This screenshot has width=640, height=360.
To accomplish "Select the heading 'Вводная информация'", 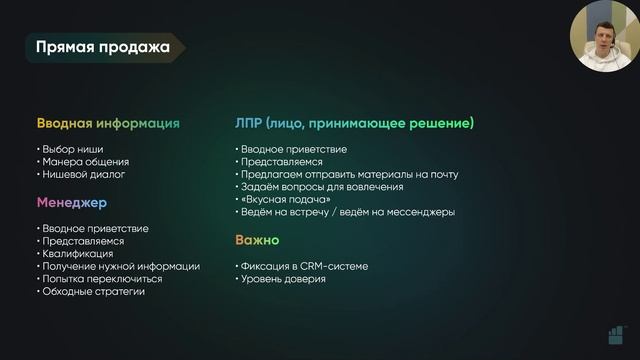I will coord(108,124).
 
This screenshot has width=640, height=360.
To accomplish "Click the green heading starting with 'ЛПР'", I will coord(354,124).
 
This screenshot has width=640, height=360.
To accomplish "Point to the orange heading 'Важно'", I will coord(257,241).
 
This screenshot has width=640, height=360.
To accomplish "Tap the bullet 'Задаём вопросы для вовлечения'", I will coord(323,187).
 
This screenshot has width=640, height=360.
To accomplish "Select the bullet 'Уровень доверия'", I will coord(284,279).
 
